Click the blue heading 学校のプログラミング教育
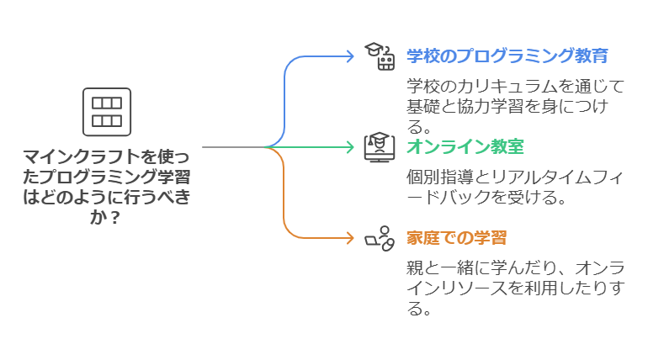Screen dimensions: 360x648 click(x=507, y=56)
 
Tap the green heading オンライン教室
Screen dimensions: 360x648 click(x=465, y=147)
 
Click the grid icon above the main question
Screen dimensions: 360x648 click(x=106, y=111)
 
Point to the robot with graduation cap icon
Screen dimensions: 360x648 click(x=379, y=56)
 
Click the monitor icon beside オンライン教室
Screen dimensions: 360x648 click(x=379, y=147)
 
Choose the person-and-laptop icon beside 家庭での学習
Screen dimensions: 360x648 click(x=379, y=238)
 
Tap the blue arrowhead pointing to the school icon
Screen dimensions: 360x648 click(x=350, y=56)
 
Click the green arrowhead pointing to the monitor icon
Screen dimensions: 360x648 click(x=350, y=147)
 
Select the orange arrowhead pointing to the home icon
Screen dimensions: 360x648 click(x=350, y=238)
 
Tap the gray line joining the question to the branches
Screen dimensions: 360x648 click(x=231, y=147)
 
